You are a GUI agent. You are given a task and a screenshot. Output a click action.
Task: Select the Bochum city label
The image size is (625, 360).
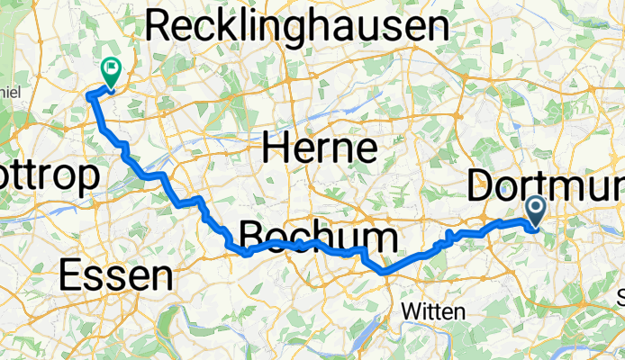(318, 238)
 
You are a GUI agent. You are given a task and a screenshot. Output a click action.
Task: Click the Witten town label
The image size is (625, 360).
(433, 311)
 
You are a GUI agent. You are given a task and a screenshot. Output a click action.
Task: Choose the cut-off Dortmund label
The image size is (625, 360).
(546, 189)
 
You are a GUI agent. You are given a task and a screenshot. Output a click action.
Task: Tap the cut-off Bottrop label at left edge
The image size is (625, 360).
(48, 180)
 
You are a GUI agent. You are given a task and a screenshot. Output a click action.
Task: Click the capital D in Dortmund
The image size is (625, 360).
(481, 189)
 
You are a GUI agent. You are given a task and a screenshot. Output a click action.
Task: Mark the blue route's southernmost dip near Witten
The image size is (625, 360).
(384, 270)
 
